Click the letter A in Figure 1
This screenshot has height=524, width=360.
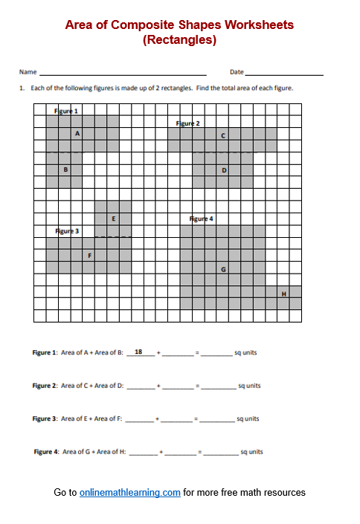[x=77, y=134]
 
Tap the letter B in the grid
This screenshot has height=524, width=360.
[x=66, y=169]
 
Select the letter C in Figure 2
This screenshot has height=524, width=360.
[x=223, y=136]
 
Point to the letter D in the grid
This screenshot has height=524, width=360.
[x=224, y=170]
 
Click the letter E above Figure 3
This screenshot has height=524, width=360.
[x=113, y=219]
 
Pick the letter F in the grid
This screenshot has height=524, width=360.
[x=89, y=255]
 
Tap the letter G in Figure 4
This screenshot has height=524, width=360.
[x=223, y=268]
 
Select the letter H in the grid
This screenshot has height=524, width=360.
[x=283, y=294]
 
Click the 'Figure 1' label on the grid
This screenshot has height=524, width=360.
[x=66, y=111]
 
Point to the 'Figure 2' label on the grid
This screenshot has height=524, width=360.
[x=187, y=123]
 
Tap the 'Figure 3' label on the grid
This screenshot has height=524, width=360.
[x=67, y=231]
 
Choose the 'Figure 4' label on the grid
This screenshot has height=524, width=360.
[x=202, y=219]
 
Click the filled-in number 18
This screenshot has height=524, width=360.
[x=138, y=352]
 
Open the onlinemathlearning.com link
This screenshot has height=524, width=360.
[x=130, y=492]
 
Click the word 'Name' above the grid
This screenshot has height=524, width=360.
[x=28, y=72]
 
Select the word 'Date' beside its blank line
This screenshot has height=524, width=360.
[x=237, y=72]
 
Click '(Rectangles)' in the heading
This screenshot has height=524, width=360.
[x=179, y=40]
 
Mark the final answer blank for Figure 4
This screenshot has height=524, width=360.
[x=220, y=452]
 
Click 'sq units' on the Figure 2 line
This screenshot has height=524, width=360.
[x=248, y=386]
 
